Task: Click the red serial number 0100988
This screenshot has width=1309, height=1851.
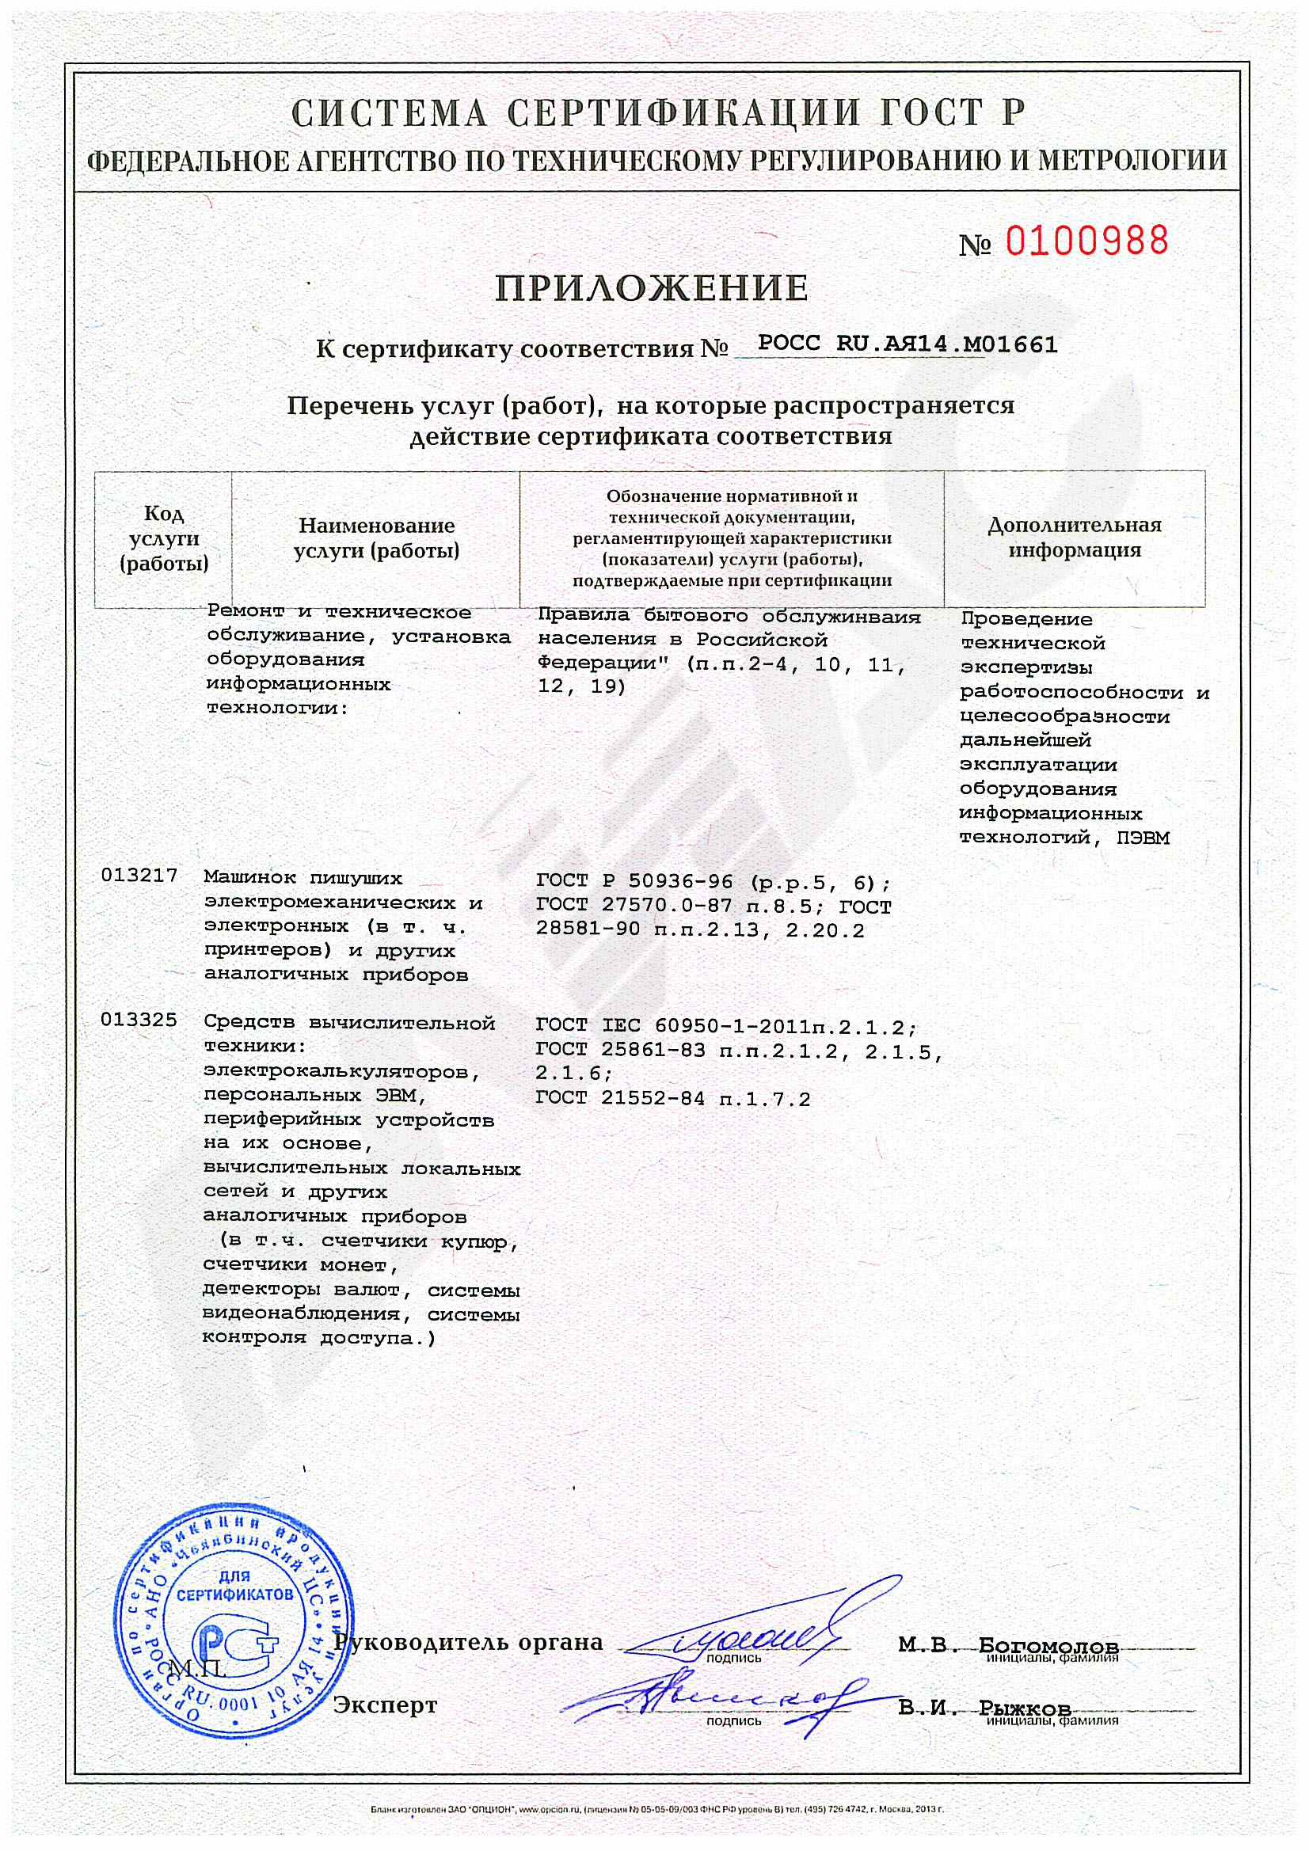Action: coord(1086,241)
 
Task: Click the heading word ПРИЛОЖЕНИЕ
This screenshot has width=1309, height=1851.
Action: coord(652,289)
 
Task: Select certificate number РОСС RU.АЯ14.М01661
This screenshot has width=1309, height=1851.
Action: coord(908,345)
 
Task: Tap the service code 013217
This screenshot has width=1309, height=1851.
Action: coord(139,876)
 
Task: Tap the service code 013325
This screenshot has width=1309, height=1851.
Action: coord(139,1021)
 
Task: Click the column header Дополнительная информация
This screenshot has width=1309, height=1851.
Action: coord(1075,538)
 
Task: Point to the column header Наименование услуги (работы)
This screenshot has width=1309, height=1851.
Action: coord(377,538)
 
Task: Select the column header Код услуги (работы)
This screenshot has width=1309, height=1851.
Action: coord(164,538)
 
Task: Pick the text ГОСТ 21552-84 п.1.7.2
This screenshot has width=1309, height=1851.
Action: coord(672,1098)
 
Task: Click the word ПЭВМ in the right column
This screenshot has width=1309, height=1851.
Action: coord(1143,838)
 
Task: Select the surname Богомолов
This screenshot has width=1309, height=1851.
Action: coord(1048,1645)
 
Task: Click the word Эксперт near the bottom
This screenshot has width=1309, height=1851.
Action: coord(386,1705)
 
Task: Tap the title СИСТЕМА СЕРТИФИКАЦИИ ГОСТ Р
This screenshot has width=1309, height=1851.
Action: coord(657,114)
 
